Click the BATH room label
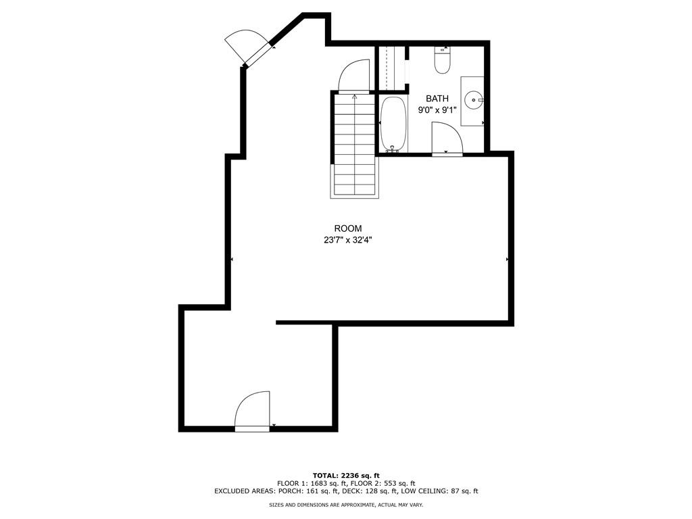[x=437, y=99]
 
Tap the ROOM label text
[x=348, y=228]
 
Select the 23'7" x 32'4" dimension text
[x=348, y=241]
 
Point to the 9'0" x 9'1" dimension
[x=437, y=110]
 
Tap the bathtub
[x=393, y=125]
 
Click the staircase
[x=355, y=145]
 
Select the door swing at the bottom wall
[x=252, y=410]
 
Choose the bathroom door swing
[x=447, y=139]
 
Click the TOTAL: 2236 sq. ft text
[x=346, y=475]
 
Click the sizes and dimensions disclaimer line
[x=346, y=504]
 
